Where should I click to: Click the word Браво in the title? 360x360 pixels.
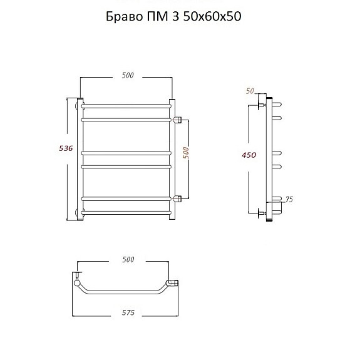pos(124,16)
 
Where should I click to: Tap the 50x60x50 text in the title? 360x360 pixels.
pos(212,16)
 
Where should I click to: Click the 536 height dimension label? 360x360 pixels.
pos(66,148)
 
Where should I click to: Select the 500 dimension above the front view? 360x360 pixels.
pos(128,75)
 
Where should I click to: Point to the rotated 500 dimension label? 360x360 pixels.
pos(186,153)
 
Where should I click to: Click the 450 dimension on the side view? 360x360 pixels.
pos(249,155)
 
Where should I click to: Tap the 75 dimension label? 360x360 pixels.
pos(289,200)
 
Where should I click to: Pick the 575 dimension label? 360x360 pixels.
pos(128,312)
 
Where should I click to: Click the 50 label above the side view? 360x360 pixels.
pos(250,91)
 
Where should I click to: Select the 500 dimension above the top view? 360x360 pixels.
pos(128,259)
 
